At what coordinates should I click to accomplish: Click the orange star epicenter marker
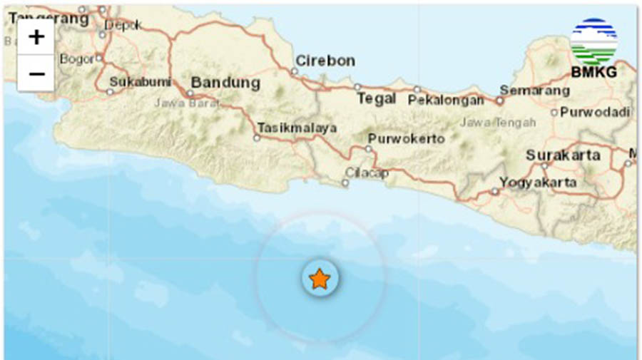tap(319, 279)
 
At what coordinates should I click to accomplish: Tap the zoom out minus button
tap(36, 73)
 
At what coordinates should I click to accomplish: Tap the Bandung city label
tap(225, 83)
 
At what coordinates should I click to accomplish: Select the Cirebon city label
tap(325, 61)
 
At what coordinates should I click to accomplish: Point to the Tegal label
tap(376, 99)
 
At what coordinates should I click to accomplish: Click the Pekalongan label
tap(446, 101)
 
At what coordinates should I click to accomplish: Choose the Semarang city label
tap(534, 91)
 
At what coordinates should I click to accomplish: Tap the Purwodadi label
tap(595, 112)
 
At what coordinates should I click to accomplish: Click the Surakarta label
tap(563, 155)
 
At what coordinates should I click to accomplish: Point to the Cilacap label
tap(366, 173)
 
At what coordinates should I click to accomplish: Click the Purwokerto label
tap(406, 138)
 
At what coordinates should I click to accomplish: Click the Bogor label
tap(77, 58)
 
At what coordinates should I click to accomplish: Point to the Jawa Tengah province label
tap(497, 123)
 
